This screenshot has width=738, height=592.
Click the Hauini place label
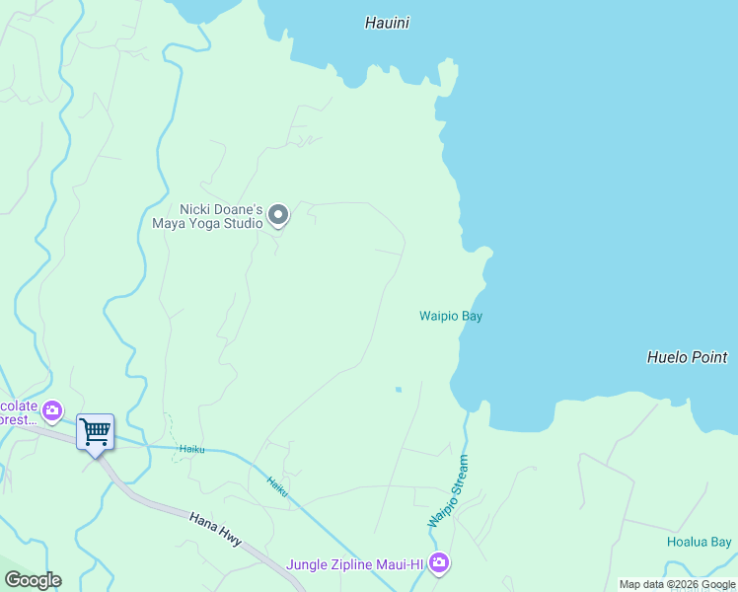point(387,23)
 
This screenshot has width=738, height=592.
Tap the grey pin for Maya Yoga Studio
point(278,214)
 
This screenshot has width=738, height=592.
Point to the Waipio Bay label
point(450,316)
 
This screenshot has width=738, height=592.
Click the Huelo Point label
point(687,357)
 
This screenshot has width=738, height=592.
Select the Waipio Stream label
point(448,490)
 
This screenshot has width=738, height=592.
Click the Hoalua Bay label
point(699,542)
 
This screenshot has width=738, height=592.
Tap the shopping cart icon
point(95,430)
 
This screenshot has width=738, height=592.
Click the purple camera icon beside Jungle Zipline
point(439,563)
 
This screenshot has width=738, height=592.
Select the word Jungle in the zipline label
point(307,565)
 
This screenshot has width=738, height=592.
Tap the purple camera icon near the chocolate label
point(52,409)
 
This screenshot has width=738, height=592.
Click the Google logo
point(33,580)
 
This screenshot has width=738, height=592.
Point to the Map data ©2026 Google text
point(677,585)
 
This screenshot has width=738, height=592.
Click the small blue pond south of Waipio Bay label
point(399,390)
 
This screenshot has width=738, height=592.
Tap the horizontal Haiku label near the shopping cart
point(191,449)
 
